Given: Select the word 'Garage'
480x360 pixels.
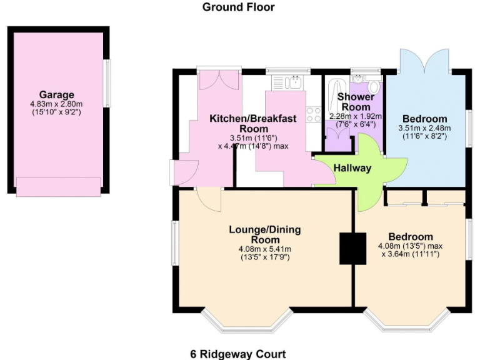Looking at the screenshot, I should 57,95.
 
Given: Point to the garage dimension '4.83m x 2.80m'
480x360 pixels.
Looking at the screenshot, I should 57,104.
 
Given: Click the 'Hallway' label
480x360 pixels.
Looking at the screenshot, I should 352,167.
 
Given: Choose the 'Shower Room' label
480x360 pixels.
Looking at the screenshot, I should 356,102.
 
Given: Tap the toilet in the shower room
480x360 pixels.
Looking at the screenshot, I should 374,86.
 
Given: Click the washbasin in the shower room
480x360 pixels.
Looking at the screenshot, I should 358,79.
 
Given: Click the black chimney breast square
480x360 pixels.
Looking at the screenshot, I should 352,248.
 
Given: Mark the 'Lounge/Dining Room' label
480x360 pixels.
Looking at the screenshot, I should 265,234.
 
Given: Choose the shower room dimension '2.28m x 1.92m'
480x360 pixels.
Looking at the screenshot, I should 356,116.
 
